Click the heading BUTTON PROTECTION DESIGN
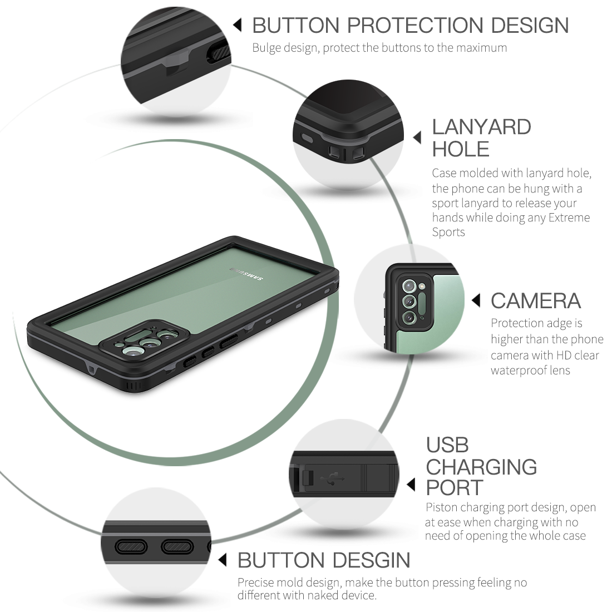point(410,26)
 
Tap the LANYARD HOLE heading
point(481,138)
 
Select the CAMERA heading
point(535,301)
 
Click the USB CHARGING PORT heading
point(481,466)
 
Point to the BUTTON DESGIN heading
point(323,560)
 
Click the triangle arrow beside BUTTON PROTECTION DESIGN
point(238,25)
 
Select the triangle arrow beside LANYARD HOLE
point(417,137)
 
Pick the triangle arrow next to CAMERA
point(476,301)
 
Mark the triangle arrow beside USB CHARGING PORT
point(411,485)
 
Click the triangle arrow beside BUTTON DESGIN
point(223,560)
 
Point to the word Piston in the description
point(442,507)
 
